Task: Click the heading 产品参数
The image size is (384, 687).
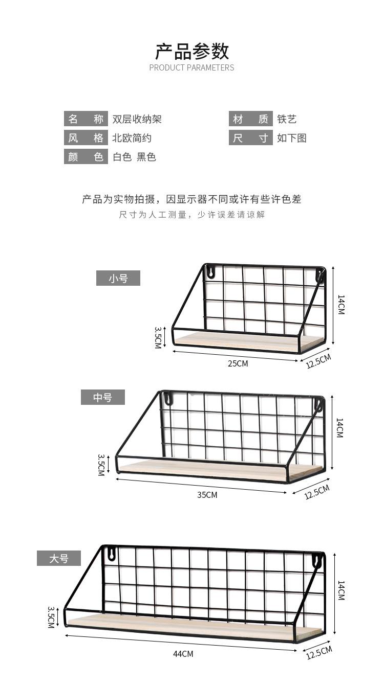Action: coord(192,51)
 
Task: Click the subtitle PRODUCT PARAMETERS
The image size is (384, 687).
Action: coord(191,67)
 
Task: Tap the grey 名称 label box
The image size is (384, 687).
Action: coord(86,119)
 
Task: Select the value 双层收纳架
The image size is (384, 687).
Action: coord(137,120)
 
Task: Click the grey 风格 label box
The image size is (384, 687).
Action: coord(86,138)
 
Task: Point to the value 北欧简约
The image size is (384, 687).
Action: coord(132,138)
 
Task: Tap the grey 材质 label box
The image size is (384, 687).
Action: coord(250,119)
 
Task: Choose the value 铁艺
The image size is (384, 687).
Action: coord(287,120)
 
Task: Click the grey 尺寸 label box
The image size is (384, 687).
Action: coord(250,138)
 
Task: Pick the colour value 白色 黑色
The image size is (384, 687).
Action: coord(134,157)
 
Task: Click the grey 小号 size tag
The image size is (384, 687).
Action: coord(118,279)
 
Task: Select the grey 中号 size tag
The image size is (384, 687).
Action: coord(102,397)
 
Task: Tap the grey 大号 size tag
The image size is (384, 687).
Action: coord(58,558)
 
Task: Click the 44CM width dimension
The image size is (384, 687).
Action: coord(183,654)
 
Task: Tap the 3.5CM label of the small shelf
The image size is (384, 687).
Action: coord(159,337)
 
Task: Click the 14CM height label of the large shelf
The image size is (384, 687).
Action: coord(340,590)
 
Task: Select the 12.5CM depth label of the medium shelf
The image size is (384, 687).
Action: coord(317,492)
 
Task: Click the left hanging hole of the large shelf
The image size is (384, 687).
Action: coord(110,553)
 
